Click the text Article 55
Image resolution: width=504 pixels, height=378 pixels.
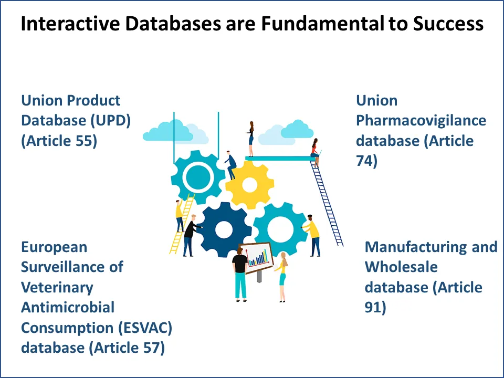point(61,141)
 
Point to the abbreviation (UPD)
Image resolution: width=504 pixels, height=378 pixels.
point(110,120)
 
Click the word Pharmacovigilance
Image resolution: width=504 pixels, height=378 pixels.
point(421,120)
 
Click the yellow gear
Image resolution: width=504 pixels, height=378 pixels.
point(249,184)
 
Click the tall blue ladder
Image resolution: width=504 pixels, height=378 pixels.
point(328,202)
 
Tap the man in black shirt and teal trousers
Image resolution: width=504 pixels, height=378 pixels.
point(240,273)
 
